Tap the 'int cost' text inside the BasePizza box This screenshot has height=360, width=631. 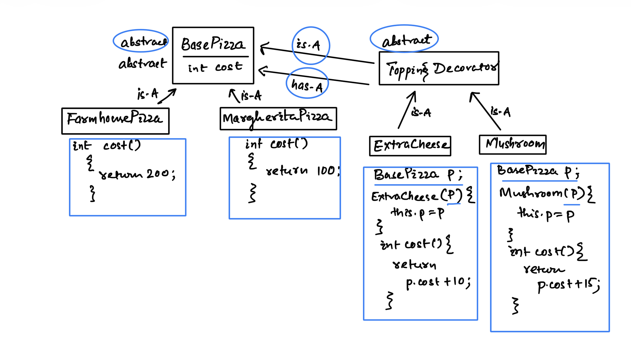tap(215, 67)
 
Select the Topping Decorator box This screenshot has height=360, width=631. tap(439, 69)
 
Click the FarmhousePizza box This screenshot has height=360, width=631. tap(115, 121)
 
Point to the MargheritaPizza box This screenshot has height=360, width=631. tap(278, 119)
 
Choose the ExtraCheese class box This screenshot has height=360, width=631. tap(410, 146)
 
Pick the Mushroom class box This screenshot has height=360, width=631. tap(512, 144)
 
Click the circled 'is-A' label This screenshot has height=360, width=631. tap(309, 45)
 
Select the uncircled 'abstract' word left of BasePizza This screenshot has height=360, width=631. tap(142, 63)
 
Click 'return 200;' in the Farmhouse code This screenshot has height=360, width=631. tap(137, 174)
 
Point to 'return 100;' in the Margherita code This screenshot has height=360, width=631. tap(302, 171)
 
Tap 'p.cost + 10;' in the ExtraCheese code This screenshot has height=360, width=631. tap(438, 282)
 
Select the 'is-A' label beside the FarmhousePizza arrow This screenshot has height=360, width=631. tap(147, 94)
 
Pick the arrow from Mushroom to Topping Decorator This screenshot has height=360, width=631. tap(486, 111)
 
